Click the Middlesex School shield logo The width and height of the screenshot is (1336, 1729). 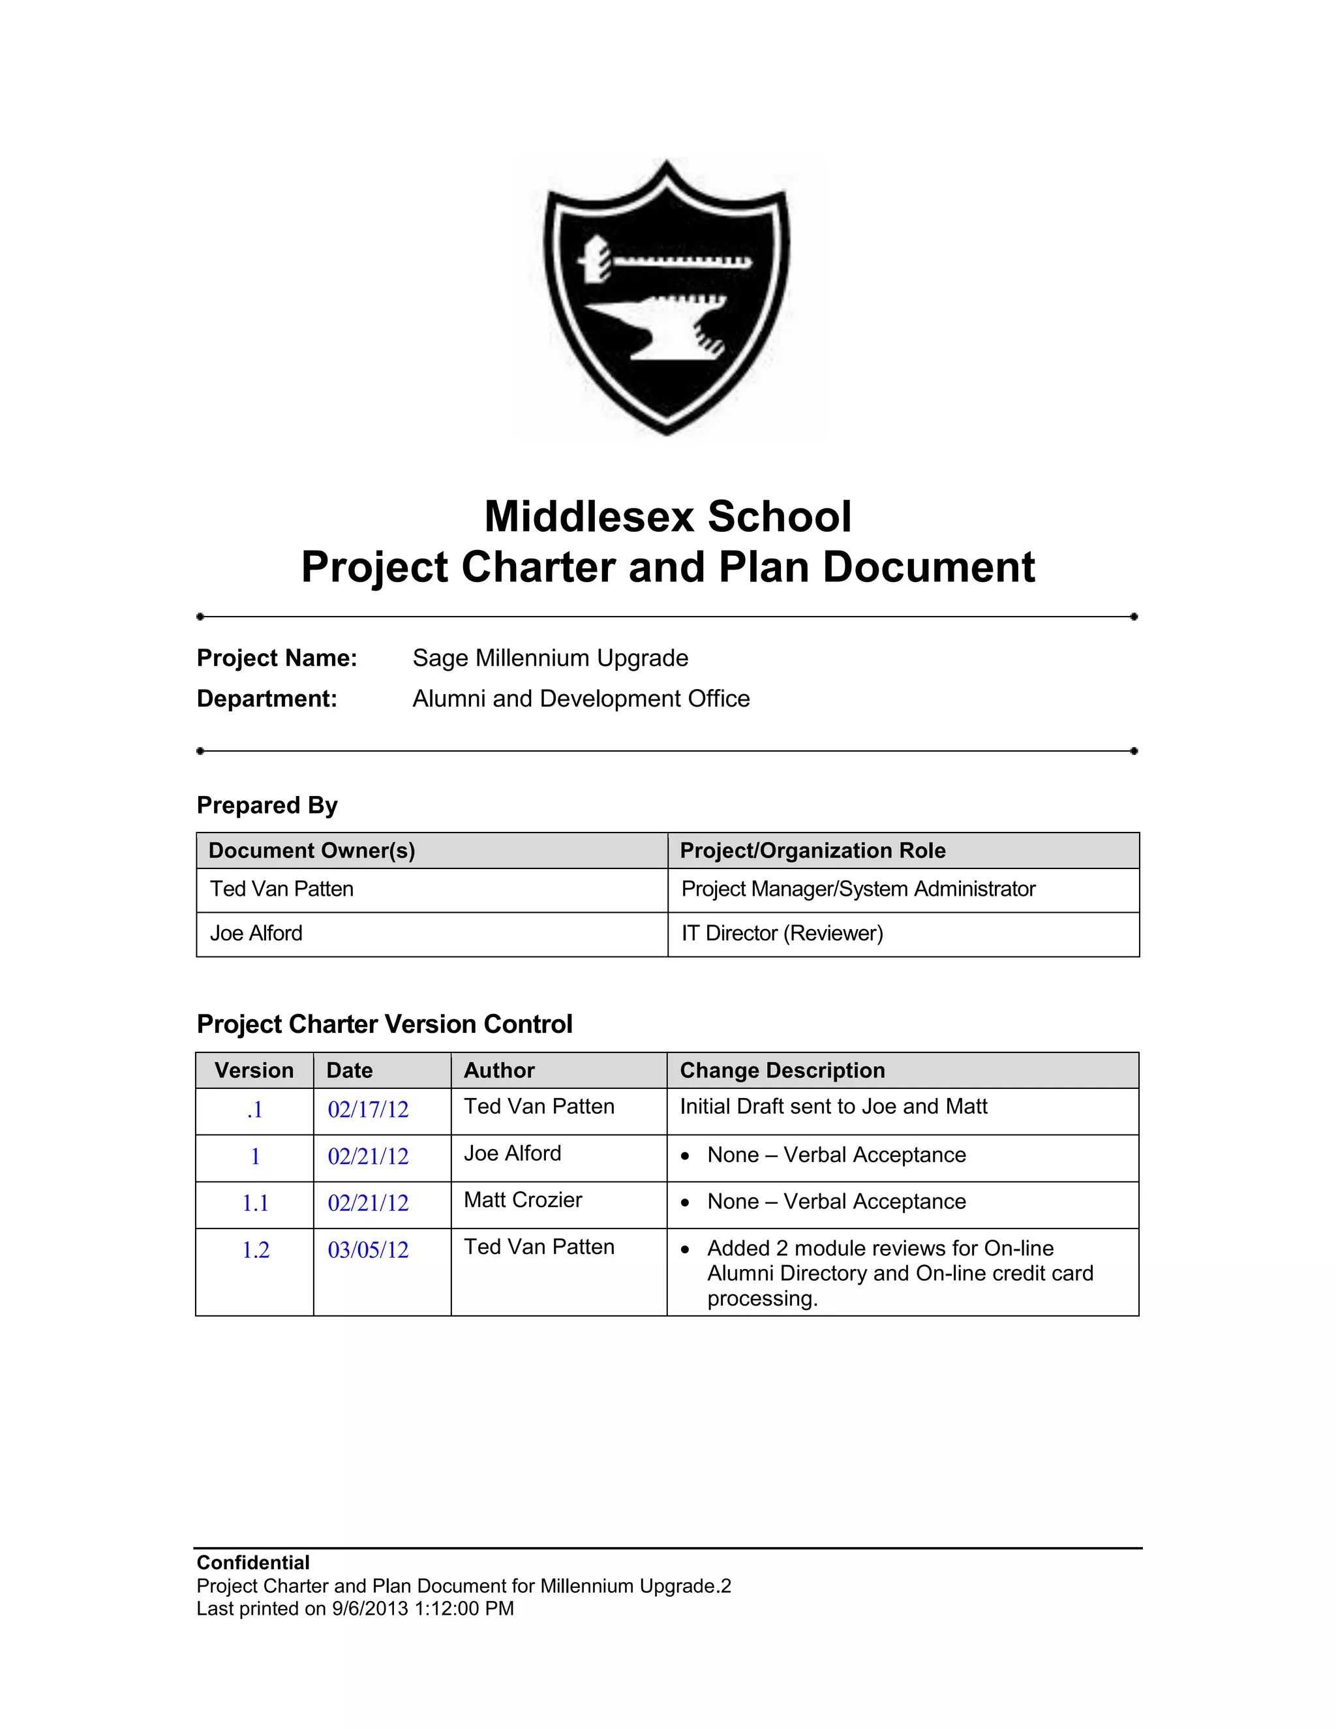[x=667, y=297]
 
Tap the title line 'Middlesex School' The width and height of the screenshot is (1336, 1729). [x=667, y=516]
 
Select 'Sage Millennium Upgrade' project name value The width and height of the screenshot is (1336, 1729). [x=550, y=658]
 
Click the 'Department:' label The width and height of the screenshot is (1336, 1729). [x=267, y=698]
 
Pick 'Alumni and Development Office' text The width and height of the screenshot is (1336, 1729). [x=581, y=698]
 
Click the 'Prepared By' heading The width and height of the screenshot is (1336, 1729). [x=267, y=805]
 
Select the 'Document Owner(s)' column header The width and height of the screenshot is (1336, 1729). [x=312, y=850]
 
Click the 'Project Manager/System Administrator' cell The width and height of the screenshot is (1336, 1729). [x=858, y=889]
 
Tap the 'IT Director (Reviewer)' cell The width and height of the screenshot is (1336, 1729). [x=782, y=934]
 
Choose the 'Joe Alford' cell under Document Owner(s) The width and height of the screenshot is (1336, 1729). [x=256, y=934]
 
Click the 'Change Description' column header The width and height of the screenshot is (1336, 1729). [x=782, y=1070]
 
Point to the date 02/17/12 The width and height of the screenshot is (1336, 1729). [x=368, y=1110]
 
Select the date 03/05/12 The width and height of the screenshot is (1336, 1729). [x=368, y=1250]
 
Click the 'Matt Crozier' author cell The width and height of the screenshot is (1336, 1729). [x=523, y=1200]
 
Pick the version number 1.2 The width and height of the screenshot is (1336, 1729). [x=256, y=1250]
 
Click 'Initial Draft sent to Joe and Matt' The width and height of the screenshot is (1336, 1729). [x=834, y=1107]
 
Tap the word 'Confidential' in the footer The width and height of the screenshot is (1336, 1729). [x=252, y=1563]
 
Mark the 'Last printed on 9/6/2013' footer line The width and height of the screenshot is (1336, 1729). [x=355, y=1609]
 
